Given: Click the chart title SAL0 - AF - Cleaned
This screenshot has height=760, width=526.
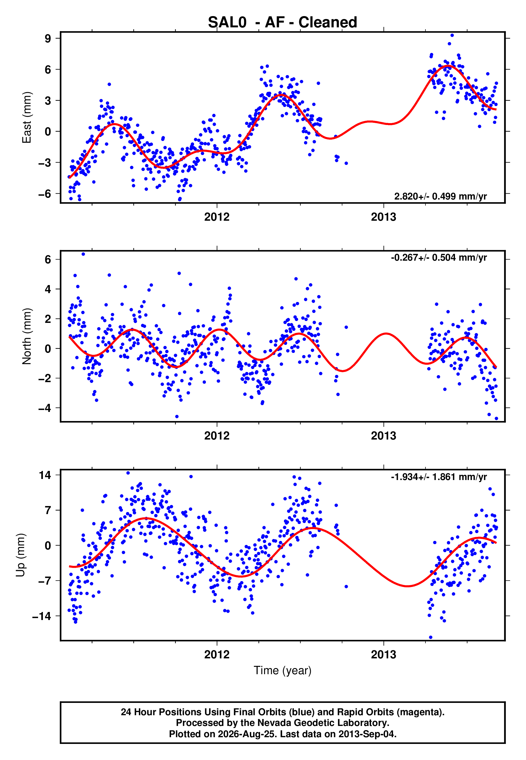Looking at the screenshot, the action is point(283,23).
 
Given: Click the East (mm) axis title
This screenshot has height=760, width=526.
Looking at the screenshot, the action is point(27,118).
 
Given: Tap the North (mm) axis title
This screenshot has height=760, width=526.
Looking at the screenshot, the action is point(27,336).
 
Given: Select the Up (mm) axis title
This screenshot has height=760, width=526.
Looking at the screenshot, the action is point(20,555).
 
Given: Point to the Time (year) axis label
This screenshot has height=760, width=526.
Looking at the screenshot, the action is point(283,671).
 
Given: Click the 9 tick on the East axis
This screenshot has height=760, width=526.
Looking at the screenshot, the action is point(48,39).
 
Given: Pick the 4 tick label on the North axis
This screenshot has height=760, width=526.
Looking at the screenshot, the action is point(48,289).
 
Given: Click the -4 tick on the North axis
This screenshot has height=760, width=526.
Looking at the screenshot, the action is point(45,408).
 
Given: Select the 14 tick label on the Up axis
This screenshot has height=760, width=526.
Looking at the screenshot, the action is point(45,475).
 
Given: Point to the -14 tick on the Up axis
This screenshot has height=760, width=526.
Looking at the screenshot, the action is point(42,616).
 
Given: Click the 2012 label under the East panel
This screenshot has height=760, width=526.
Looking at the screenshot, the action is point(217,217).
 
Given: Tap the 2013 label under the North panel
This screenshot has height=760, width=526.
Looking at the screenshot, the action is point(384,436).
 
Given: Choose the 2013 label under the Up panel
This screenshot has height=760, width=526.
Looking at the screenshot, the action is point(384,655).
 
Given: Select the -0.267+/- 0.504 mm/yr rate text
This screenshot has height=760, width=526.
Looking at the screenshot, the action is point(439,258).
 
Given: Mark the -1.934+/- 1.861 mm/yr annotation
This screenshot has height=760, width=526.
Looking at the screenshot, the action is point(439,477).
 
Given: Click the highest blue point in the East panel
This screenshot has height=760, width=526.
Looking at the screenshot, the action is point(452,35).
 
